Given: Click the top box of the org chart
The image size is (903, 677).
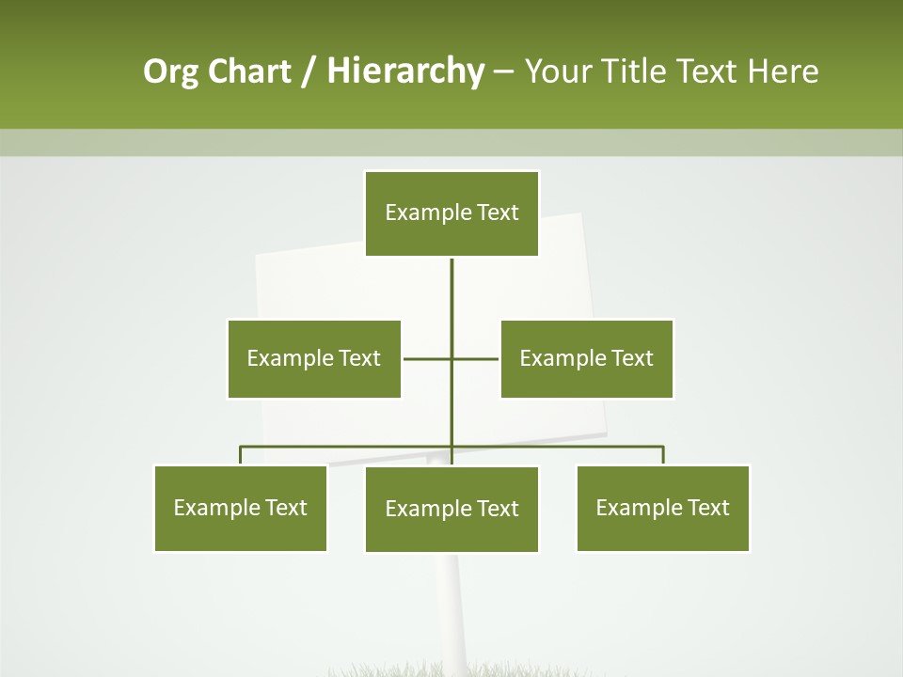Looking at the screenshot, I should [x=451, y=213].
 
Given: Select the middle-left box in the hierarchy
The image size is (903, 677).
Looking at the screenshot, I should [x=314, y=358].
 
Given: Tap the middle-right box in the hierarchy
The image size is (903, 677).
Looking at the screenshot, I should [x=587, y=358].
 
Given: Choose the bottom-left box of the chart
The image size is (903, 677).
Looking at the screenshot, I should [x=240, y=508].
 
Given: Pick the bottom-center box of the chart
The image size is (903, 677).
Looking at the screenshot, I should [x=451, y=509].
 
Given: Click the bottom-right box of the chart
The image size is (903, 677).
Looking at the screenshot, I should [x=663, y=508].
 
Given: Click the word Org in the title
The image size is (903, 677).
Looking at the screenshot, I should [x=170, y=71].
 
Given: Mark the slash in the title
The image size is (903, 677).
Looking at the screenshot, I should [x=308, y=71].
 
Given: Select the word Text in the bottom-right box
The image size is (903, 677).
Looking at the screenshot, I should [x=708, y=508].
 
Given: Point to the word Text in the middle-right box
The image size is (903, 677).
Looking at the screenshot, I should [x=632, y=358].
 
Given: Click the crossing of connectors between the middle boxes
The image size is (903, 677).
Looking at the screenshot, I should [x=451, y=358].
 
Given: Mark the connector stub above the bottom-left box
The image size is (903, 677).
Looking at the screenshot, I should [x=240, y=455].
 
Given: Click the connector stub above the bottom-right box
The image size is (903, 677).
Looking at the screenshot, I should [x=663, y=455].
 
